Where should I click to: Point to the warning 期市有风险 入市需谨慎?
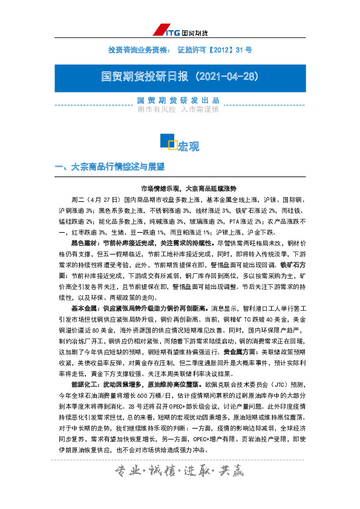177,109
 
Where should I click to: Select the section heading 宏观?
188,146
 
